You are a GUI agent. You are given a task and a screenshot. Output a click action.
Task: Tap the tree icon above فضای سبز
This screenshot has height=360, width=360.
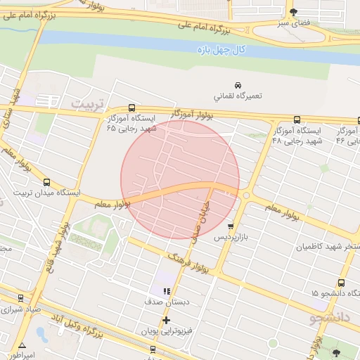[293, 12]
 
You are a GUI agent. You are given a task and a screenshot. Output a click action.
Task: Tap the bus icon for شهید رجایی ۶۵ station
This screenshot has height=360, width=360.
[132, 108]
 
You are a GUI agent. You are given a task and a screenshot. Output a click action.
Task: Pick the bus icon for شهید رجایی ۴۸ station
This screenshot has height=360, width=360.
[297, 120]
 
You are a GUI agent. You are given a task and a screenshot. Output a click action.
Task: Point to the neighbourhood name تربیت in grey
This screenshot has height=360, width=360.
[87, 103]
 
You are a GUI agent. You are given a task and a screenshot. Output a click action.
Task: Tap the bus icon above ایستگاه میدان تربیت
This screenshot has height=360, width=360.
[47, 183]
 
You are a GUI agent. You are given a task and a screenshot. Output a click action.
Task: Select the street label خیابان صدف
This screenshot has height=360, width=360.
[204, 219]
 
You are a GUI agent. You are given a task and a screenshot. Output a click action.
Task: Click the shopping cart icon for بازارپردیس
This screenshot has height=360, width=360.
[231, 226]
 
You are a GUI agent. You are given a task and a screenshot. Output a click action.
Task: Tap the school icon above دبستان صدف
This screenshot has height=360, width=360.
[167, 290]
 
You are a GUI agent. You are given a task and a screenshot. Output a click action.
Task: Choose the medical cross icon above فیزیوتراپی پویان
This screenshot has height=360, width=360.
[166, 320]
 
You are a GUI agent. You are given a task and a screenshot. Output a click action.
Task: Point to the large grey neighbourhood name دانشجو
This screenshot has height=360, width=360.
[329, 319]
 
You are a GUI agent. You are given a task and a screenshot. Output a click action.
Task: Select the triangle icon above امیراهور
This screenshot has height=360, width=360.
[22, 346]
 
